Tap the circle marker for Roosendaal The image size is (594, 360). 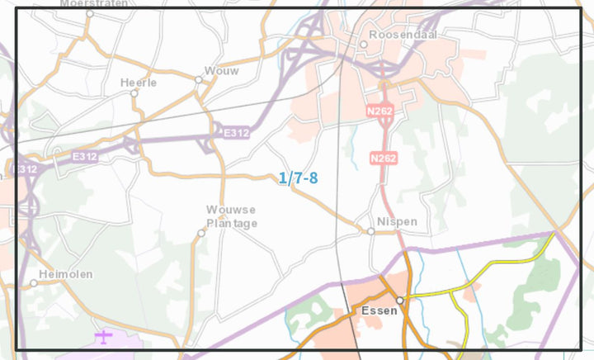pos(363,44)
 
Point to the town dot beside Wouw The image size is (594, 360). pos(199,80)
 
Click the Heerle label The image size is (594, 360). pos(137,83)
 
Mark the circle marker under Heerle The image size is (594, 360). pos(134,93)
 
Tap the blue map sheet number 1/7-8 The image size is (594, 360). pos(298,178)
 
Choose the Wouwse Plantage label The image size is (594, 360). pos(232,216)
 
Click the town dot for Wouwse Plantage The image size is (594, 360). pos(200,233)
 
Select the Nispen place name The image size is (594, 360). pos(397,222)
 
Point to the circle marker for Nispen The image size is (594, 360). pos(371,231)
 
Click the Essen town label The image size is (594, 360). pos(379,311)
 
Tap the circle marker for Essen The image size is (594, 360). pos(399,301)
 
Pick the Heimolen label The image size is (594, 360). pos(66,273)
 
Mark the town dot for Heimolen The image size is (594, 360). pos(34,283)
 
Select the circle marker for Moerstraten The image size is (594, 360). pos(90,14)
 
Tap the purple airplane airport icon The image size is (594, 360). pos(103,336)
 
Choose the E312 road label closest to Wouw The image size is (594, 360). pos(235,132)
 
